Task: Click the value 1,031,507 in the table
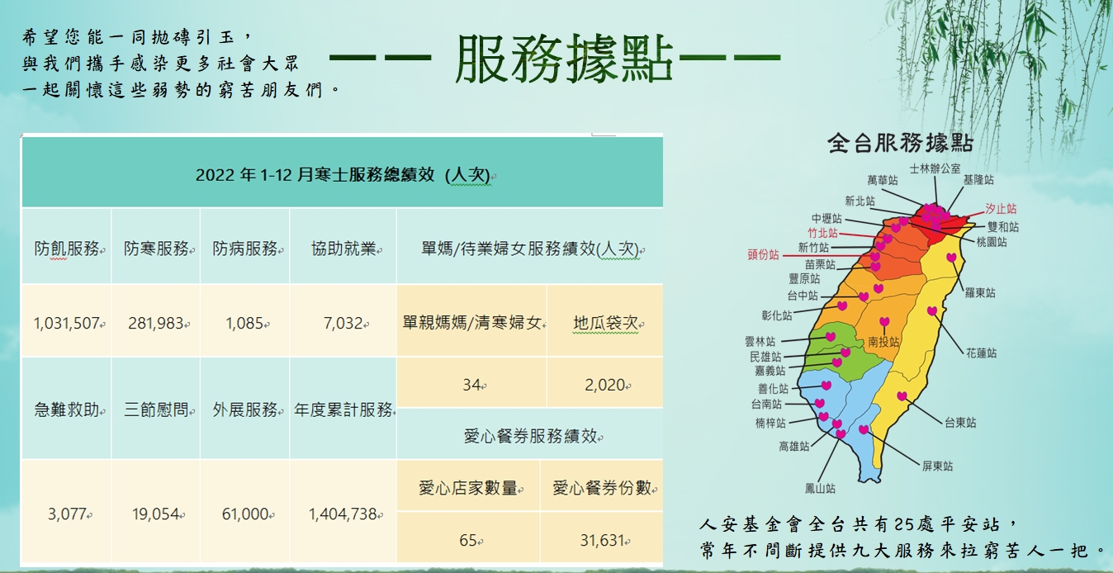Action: [x=67, y=324]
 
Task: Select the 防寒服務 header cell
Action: [x=157, y=249]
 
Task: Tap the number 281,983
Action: [x=156, y=324]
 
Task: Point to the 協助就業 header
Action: [x=343, y=249]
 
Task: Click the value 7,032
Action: [x=343, y=324]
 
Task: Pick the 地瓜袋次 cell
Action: [x=606, y=323]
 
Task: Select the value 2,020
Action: [x=604, y=385]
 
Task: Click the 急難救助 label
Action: [x=67, y=410]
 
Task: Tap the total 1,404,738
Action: [x=343, y=514]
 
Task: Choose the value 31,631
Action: [x=602, y=540]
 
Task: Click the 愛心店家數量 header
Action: [x=468, y=488]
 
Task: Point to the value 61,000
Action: [x=245, y=514]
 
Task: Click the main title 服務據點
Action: [x=564, y=59]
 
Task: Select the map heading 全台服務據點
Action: [x=900, y=143]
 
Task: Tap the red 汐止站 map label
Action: [x=1001, y=209]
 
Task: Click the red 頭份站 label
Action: [x=763, y=255]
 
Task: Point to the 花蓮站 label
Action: [x=981, y=353]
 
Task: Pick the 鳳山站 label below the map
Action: [x=820, y=489]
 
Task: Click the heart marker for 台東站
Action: [x=902, y=396]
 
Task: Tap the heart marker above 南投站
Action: [x=884, y=322]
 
